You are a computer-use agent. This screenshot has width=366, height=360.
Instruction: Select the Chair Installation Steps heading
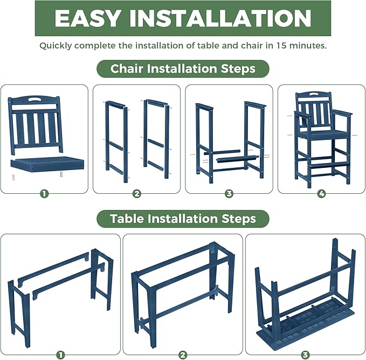pos(183,69)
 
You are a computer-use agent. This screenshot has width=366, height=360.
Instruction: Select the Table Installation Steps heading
pos(183,219)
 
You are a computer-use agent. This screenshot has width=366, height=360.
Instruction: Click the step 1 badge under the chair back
pos(44,193)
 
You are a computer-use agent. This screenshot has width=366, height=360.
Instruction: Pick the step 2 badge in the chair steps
pos(136,193)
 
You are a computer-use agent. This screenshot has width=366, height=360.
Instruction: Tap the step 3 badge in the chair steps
pos(229,193)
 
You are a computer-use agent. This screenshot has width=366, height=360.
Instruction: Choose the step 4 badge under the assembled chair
pos(321,193)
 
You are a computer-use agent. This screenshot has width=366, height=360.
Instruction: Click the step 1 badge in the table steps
pos(60,355)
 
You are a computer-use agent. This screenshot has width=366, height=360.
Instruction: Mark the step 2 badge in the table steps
pos(183,355)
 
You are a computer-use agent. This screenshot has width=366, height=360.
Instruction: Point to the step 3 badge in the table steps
pos(305,355)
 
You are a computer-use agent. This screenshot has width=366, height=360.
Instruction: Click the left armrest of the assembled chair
pos(301,114)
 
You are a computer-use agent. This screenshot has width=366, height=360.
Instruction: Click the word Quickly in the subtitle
pos(56,45)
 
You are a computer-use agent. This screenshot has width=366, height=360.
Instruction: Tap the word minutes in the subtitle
pos(309,45)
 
